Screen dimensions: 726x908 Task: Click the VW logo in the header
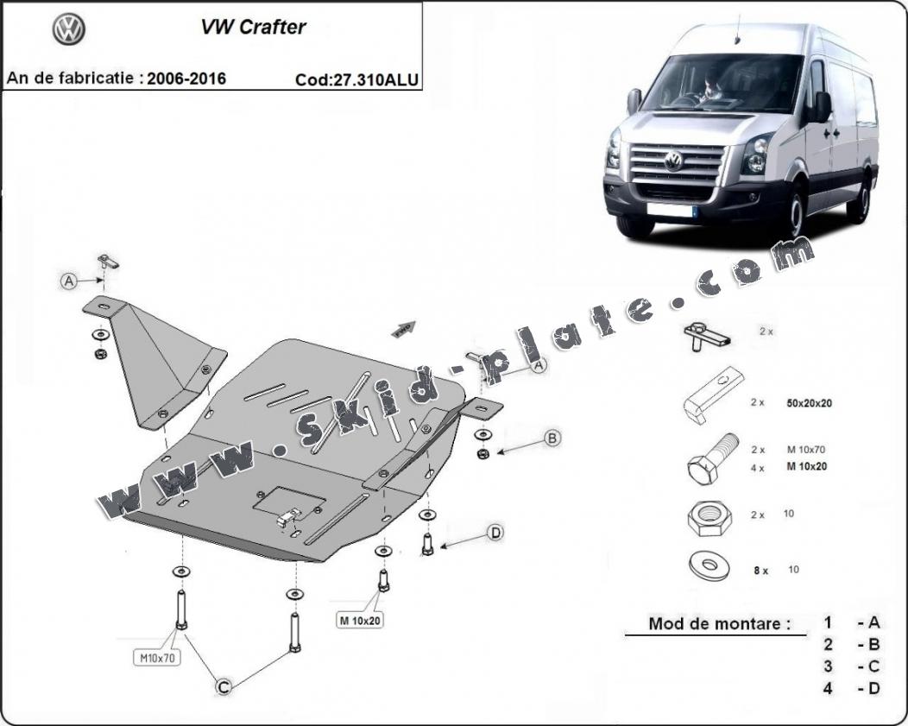pos(68,30)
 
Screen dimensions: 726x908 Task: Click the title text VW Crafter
pos(253,27)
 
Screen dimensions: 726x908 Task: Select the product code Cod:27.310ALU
pos(356,79)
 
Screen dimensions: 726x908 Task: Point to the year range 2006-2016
pos(186,79)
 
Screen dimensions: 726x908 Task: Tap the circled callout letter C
pos(223,686)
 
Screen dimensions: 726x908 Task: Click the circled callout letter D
pos(495,533)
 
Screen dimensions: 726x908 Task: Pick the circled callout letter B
pos(552,439)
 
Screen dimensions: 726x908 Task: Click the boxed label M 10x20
pos(360,620)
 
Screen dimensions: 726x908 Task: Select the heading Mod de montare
pos(719,623)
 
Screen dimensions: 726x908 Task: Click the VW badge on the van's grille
pos(672,161)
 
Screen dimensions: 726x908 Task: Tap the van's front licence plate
pos(670,210)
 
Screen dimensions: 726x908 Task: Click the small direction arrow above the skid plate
pos(403,329)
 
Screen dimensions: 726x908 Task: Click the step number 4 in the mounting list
pos(827,689)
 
